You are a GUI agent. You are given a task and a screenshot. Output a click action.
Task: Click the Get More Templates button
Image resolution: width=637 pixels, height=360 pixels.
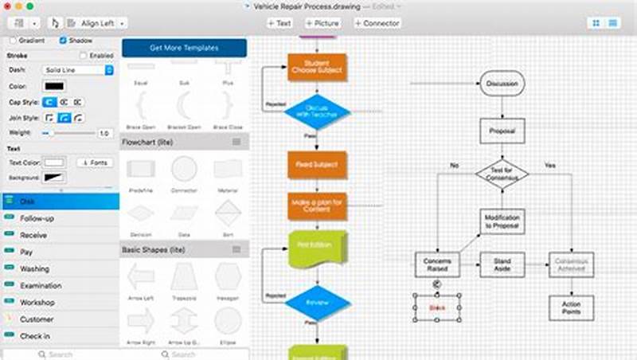coord(184,48)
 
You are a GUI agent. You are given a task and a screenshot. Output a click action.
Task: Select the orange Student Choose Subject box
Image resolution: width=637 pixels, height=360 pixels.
coord(317,67)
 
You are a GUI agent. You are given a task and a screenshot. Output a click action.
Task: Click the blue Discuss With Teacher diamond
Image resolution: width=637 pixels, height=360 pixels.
coord(317,112)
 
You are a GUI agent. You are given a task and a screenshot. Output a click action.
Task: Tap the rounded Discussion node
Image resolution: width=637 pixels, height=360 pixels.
coord(502,83)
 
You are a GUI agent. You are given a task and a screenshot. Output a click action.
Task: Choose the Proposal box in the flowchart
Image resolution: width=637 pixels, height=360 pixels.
coord(502,130)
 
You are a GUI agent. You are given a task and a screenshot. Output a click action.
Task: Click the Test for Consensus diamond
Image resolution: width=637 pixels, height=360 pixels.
coord(502,173)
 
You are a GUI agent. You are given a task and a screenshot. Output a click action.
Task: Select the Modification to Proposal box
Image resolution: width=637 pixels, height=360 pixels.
coord(502,221)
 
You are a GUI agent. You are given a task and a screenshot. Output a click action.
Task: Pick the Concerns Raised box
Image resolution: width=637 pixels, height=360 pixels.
coord(437,264)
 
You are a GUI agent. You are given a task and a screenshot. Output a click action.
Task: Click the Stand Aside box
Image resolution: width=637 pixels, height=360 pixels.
coord(502,264)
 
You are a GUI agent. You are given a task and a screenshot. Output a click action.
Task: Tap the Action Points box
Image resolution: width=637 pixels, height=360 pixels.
coord(570,307)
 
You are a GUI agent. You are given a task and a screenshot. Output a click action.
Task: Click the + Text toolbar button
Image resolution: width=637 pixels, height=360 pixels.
coord(279,23)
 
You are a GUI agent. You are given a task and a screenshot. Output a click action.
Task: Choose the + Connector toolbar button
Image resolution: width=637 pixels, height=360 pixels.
coord(377,23)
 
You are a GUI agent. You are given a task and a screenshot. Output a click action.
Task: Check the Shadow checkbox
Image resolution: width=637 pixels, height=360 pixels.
coord(64,40)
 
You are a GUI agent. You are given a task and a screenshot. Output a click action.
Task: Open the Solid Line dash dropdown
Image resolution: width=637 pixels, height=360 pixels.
coord(76,70)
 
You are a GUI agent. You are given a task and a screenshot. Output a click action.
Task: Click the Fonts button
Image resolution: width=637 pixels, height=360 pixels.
coord(95,162)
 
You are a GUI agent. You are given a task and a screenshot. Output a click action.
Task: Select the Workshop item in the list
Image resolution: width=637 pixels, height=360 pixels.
coord(37,303)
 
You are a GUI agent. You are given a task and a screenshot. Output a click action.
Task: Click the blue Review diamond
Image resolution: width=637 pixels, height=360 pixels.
coord(317,303)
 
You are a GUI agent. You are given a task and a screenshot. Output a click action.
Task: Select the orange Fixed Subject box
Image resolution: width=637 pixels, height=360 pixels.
coord(317,164)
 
